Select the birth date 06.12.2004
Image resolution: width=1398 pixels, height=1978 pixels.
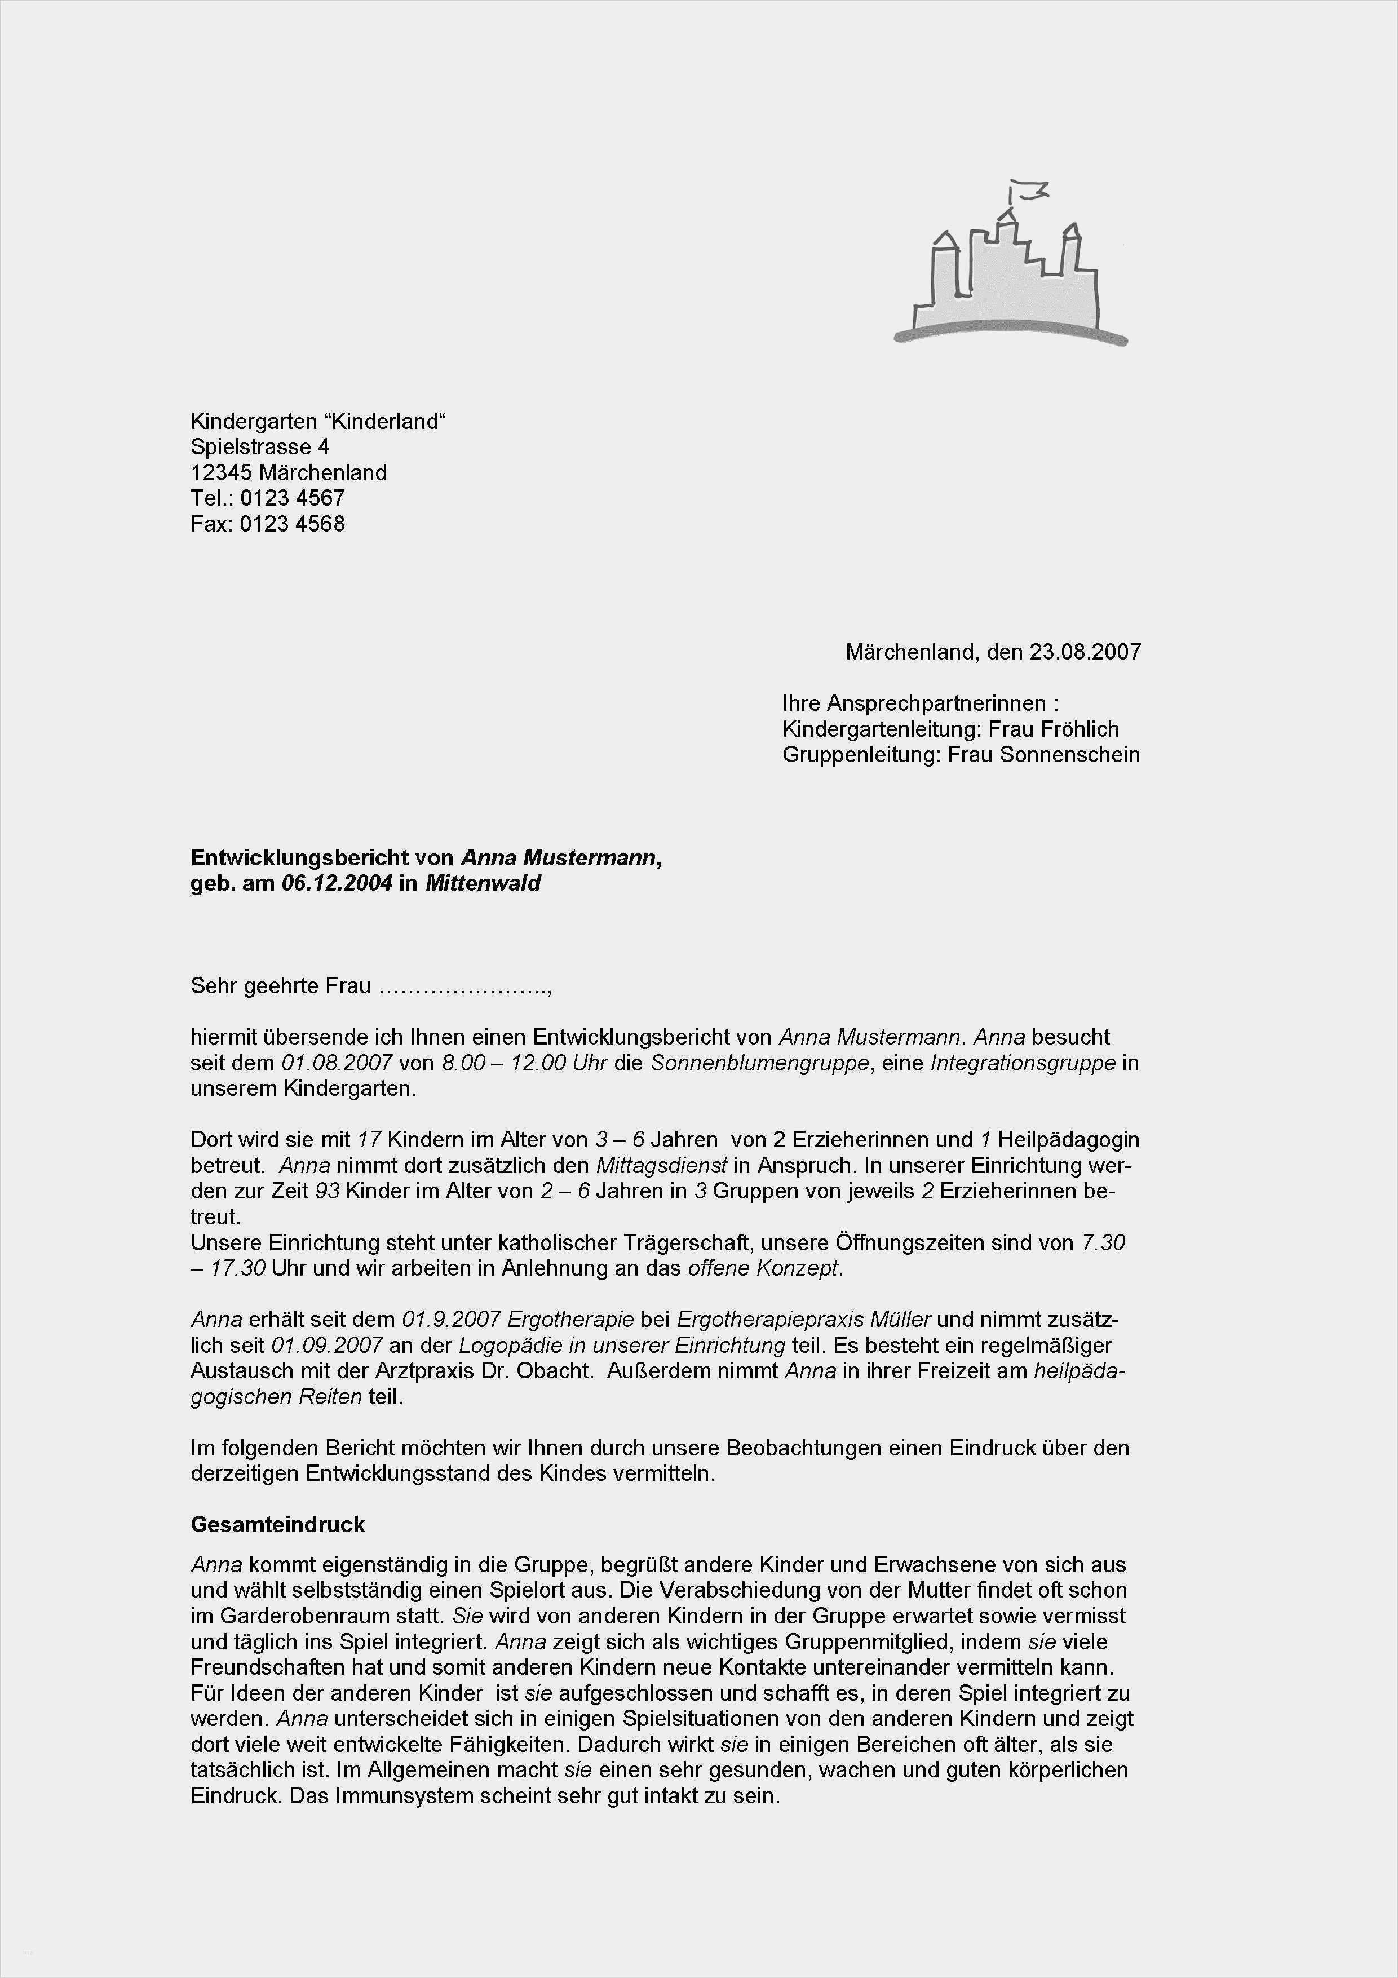pos(337,883)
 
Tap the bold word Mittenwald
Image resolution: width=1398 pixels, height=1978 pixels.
pos(483,883)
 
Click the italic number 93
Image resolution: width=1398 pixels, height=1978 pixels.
pos(328,1192)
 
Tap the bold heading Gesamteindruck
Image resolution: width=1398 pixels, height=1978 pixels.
pos(277,1524)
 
